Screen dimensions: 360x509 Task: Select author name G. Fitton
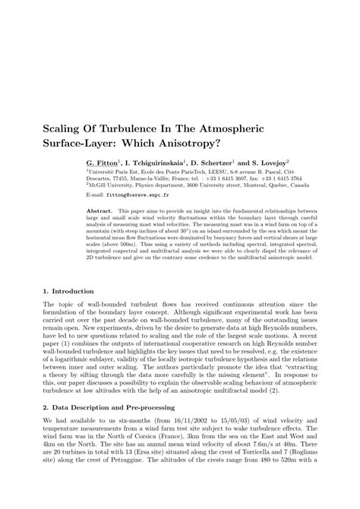pos(103,163)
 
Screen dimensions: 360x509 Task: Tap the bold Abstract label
pos(100,210)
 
